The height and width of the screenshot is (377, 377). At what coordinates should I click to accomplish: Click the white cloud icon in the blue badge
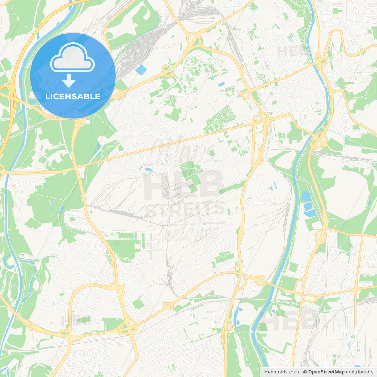[x=72, y=57]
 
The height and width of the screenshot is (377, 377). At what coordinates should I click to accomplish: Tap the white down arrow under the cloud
[x=69, y=81]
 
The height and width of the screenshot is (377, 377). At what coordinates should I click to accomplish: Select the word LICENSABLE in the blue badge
[x=73, y=96]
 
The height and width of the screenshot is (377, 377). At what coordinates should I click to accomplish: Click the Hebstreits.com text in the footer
[x=281, y=372]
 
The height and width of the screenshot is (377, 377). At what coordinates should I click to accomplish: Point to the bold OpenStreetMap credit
[x=326, y=372]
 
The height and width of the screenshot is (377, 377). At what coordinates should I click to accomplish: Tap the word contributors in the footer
[x=360, y=372]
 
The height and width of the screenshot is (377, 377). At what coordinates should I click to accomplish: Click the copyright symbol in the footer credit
[x=305, y=372]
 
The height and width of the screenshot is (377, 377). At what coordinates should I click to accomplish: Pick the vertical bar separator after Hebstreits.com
[x=301, y=372]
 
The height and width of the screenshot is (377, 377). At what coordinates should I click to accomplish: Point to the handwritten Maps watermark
[x=184, y=150]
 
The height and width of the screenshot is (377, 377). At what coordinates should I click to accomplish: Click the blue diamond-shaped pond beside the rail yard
[x=141, y=70]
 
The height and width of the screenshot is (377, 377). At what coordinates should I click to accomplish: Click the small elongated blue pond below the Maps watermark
[x=147, y=169]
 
